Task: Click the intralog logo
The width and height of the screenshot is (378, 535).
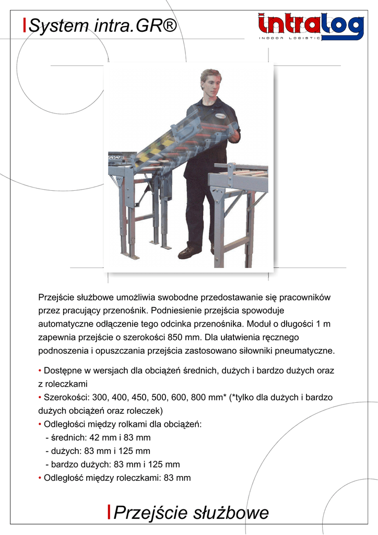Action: tap(310, 26)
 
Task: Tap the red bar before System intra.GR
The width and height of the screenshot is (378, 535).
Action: tap(25, 25)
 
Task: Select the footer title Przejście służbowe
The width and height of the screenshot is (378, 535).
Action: tap(191, 513)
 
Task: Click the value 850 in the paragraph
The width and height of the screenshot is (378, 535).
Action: tap(172, 337)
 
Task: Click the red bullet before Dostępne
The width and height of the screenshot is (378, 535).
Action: tap(40, 370)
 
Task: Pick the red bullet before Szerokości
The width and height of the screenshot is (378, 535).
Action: tap(40, 398)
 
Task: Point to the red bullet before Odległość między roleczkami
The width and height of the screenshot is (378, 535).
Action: tap(40, 478)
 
